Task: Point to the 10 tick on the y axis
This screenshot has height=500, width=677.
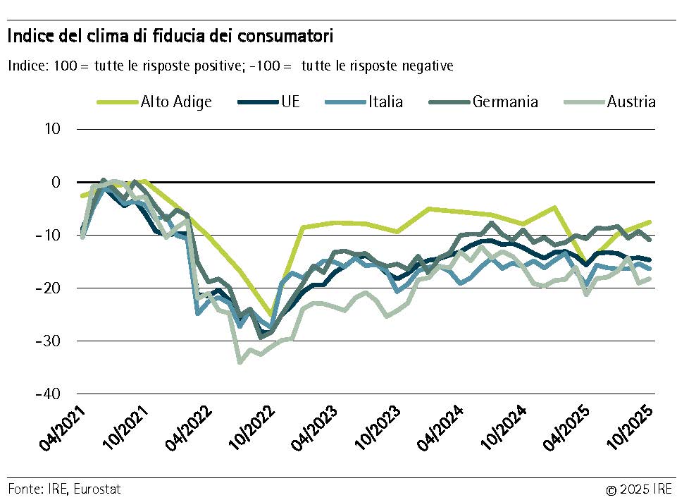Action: (54, 129)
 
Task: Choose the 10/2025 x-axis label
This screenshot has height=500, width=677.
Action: (632, 431)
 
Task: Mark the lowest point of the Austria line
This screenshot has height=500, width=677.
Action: (240, 362)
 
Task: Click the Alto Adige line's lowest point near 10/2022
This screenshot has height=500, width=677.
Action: (271, 315)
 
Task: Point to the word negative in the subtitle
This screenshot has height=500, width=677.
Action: (426, 66)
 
